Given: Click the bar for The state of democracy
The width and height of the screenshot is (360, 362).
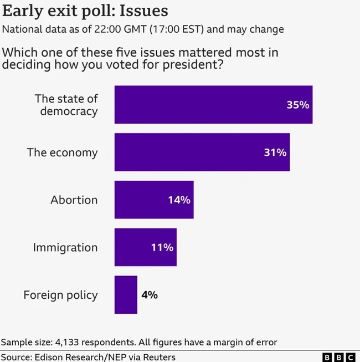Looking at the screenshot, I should point(213,105).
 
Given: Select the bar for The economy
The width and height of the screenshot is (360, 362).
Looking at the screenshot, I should point(202,152).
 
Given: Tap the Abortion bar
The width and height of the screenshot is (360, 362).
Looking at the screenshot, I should point(154,200).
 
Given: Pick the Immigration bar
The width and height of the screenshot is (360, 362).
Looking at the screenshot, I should point(145,247).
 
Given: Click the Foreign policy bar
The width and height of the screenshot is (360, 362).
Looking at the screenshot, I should point(126,295).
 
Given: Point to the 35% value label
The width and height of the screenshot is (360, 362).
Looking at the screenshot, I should point(297,105).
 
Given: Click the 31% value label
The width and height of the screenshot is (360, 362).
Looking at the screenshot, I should point(275,152).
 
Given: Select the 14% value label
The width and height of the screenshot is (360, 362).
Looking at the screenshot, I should point(179,200).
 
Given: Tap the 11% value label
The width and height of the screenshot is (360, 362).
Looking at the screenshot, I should point(162,248).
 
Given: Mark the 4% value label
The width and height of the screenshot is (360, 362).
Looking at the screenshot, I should point(149,295).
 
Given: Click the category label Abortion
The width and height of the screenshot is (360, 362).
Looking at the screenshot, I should point(74,200).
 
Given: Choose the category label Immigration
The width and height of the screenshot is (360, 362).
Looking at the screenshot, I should point(65,248).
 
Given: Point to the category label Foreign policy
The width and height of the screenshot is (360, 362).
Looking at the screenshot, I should point(60,295).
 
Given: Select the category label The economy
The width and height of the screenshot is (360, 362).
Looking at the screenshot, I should point(62,152).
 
